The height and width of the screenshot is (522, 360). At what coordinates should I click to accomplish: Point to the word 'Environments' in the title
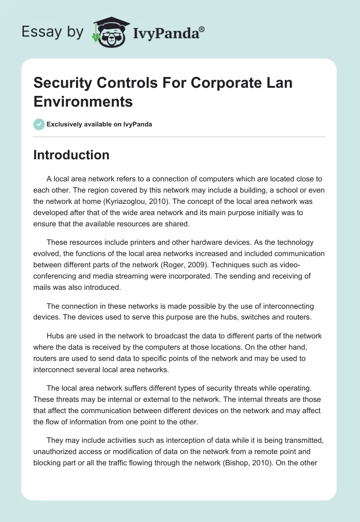(x=83, y=102)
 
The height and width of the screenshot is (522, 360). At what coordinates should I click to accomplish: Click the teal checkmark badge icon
(x=39, y=124)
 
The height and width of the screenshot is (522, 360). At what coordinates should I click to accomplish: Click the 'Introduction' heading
(x=72, y=155)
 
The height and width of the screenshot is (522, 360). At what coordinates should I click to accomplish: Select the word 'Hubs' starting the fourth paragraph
(x=55, y=336)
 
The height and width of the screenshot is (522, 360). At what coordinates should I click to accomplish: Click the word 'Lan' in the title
(x=279, y=83)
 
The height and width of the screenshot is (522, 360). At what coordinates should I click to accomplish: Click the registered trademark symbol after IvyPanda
(x=202, y=29)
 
